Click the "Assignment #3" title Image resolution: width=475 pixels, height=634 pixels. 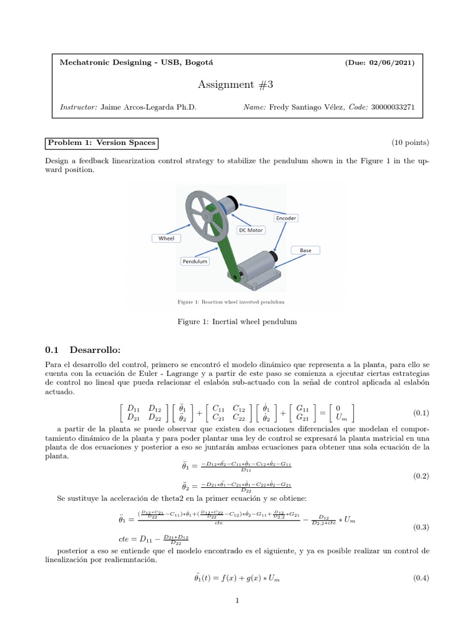(237, 84)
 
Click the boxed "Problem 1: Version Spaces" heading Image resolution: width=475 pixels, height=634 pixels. (102, 144)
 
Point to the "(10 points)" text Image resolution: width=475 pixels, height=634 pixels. (409, 143)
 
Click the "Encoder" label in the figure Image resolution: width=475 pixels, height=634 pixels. (286, 218)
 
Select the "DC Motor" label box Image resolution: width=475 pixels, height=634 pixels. (250, 230)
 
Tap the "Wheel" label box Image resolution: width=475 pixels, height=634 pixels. (166, 238)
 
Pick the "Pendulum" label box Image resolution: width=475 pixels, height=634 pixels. (195, 261)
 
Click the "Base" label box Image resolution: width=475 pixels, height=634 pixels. (306, 251)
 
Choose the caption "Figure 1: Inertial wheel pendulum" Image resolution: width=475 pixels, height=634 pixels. (237, 321)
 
